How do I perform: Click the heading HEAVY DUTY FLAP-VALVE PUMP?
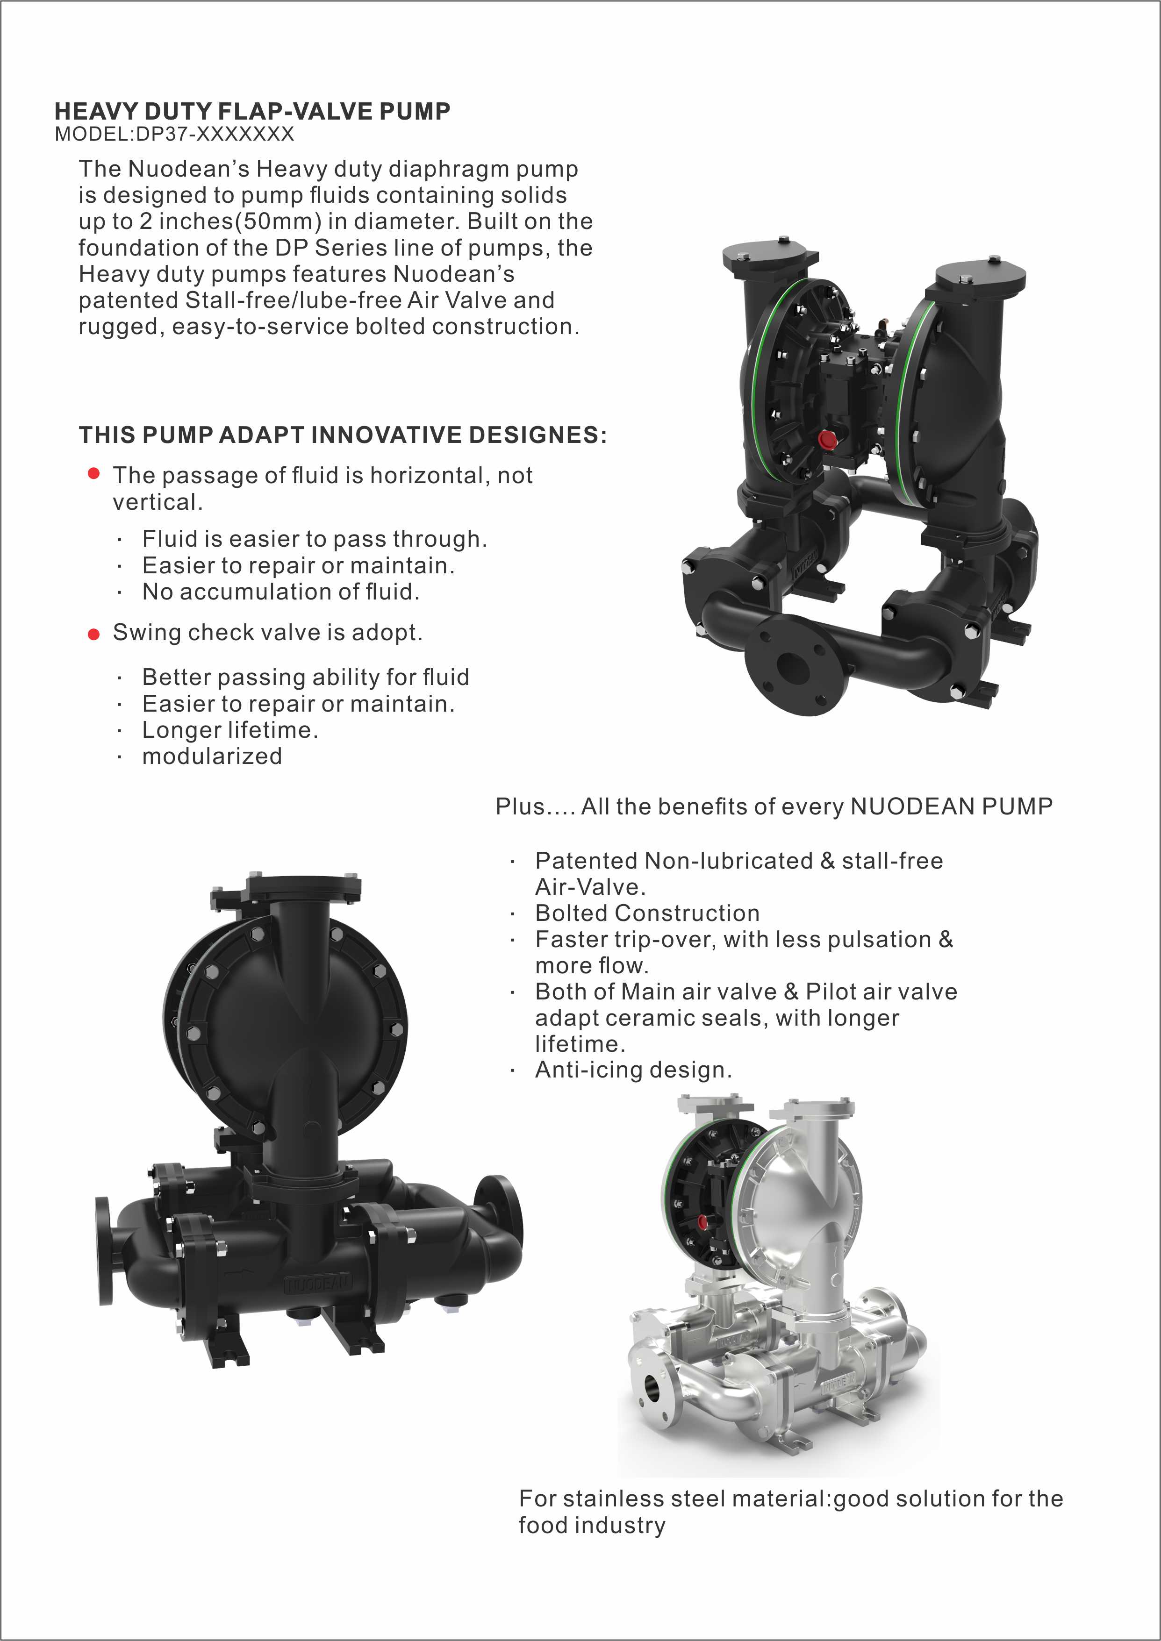(252, 112)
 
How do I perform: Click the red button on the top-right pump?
(828, 439)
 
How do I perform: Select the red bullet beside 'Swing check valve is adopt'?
(93, 634)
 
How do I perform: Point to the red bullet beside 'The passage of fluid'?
(93, 473)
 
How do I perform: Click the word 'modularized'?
(212, 756)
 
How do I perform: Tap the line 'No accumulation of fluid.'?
(280, 592)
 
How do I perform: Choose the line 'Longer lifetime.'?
(229, 730)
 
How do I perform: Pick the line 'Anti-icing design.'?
(633, 1070)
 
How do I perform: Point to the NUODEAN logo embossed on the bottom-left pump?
(319, 1283)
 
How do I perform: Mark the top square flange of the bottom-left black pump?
(303, 888)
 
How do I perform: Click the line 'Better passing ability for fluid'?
(305, 677)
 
